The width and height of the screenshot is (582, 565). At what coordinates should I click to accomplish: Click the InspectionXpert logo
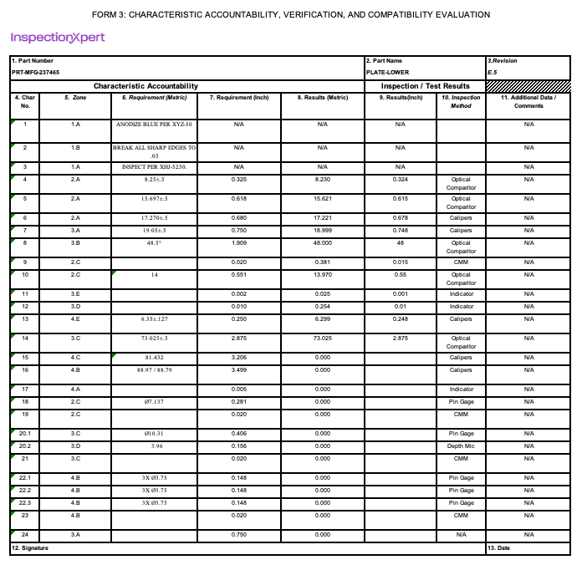pyautogui.click(x=58, y=38)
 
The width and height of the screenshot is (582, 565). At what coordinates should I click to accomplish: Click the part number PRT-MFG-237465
pyautogui.click(x=35, y=73)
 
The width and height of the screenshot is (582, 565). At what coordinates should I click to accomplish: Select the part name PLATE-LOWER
pyautogui.click(x=387, y=73)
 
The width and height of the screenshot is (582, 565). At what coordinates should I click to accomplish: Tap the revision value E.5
pyautogui.click(x=492, y=73)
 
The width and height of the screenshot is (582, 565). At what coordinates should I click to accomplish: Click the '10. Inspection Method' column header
pyautogui.click(x=461, y=102)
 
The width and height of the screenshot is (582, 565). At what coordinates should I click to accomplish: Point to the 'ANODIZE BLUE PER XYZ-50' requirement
pyautogui.click(x=155, y=125)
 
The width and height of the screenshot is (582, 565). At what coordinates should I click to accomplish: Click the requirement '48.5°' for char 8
pyautogui.click(x=155, y=243)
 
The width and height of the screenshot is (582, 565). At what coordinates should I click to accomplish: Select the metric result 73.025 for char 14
pyautogui.click(x=323, y=338)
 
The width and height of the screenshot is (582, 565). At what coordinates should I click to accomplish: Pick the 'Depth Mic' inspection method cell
pyautogui.click(x=461, y=446)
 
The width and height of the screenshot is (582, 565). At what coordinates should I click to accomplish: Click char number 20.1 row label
pyautogui.click(x=25, y=434)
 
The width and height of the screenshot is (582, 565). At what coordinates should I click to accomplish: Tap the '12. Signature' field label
pyautogui.click(x=30, y=548)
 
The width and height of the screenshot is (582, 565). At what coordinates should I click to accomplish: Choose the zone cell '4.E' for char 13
pyautogui.click(x=75, y=319)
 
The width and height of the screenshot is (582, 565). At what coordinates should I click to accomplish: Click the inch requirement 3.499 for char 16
pyautogui.click(x=238, y=370)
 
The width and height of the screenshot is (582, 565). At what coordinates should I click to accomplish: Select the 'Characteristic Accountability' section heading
pyautogui.click(x=145, y=86)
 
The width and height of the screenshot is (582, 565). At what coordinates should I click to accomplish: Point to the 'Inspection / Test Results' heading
pyautogui.click(x=426, y=86)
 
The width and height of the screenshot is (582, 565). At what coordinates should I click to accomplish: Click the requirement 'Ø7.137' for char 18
pyautogui.click(x=155, y=402)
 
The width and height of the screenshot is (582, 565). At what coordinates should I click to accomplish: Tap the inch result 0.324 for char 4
pyautogui.click(x=400, y=180)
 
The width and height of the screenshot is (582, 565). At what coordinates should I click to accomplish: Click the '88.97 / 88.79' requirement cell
pyautogui.click(x=155, y=370)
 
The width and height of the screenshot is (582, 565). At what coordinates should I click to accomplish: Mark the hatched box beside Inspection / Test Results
pyautogui.click(x=528, y=86)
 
